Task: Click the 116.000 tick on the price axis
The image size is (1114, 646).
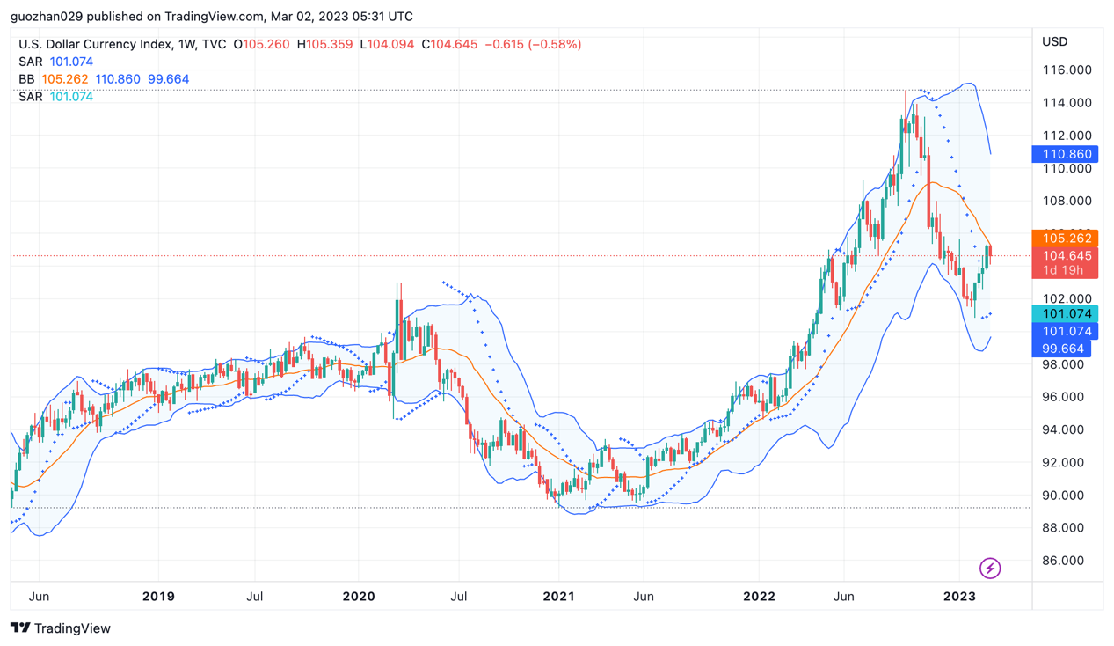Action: [x=1067, y=70]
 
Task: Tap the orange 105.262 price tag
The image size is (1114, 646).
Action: [x=1066, y=239]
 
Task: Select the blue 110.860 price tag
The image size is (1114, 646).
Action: [x=1066, y=154]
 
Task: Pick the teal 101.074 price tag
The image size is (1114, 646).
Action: [x=1066, y=314]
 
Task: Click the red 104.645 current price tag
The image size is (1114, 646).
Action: [x=1066, y=256]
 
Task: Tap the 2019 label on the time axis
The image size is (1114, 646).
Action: [x=158, y=597]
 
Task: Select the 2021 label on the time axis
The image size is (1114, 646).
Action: [x=558, y=597]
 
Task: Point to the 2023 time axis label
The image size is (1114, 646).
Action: [x=959, y=597]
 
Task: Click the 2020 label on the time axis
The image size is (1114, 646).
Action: [x=359, y=597]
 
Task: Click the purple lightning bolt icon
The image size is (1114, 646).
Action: [x=990, y=568]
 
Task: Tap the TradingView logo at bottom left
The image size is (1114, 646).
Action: [x=61, y=628]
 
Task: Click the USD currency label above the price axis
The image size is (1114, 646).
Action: [x=1054, y=42]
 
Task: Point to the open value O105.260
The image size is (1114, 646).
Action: [x=262, y=44]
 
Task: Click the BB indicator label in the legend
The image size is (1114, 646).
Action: [x=26, y=79]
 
